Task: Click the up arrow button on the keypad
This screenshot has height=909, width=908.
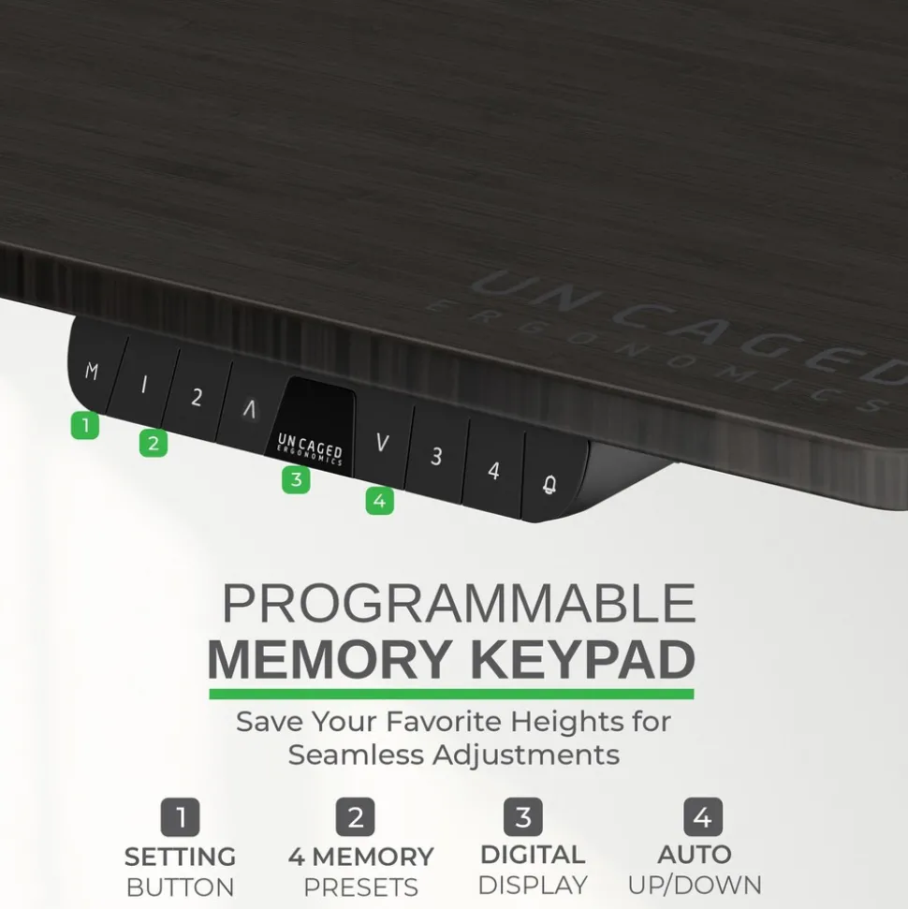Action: coord(249,409)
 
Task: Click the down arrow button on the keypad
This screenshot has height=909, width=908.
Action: coord(382,444)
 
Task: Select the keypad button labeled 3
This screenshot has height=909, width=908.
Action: coord(436,456)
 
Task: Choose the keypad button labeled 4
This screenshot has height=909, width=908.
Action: coord(493,470)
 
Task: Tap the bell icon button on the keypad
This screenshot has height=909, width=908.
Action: coord(550,481)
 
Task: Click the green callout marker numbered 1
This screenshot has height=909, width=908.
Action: coord(85,425)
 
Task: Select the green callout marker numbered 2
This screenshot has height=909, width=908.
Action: coord(154,443)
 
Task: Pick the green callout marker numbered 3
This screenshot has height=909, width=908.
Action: coord(296,479)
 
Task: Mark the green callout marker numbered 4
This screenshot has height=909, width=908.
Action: coord(380,501)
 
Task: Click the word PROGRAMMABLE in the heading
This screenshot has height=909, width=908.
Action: coord(459,603)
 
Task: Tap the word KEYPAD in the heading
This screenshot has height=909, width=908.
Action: coord(582,659)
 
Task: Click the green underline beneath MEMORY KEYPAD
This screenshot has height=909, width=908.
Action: coord(451,694)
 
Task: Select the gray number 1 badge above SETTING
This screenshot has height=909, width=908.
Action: coord(181,817)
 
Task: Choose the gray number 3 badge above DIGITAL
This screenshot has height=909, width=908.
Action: coord(523,817)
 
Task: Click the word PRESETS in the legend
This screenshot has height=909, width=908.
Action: coord(360,887)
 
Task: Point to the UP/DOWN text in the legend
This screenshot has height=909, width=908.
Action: coord(695,886)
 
